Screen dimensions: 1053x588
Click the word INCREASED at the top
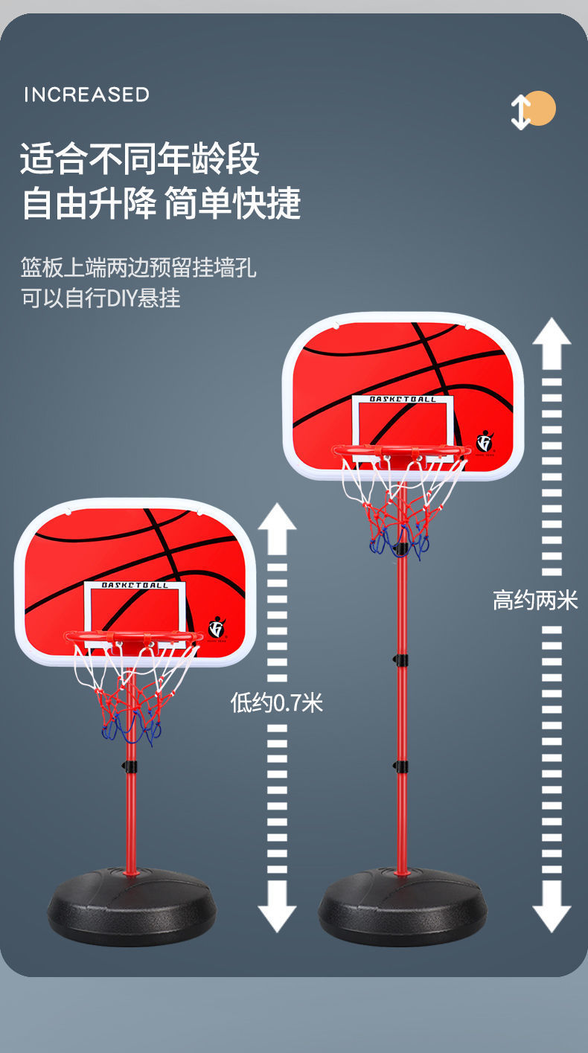click(x=86, y=95)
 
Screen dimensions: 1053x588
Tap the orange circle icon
click(x=542, y=109)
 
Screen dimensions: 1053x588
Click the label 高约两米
click(x=535, y=601)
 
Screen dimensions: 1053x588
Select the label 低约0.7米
click(x=276, y=702)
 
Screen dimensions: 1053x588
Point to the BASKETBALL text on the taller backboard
click(x=403, y=400)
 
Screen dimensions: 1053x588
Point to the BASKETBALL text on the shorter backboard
click(x=135, y=586)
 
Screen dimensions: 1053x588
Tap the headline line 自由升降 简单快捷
click(x=161, y=203)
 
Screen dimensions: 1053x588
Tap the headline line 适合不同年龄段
click(x=140, y=159)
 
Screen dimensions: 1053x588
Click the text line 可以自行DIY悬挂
click(x=100, y=298)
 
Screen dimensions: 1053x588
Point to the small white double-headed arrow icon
click(x=520, y=112)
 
